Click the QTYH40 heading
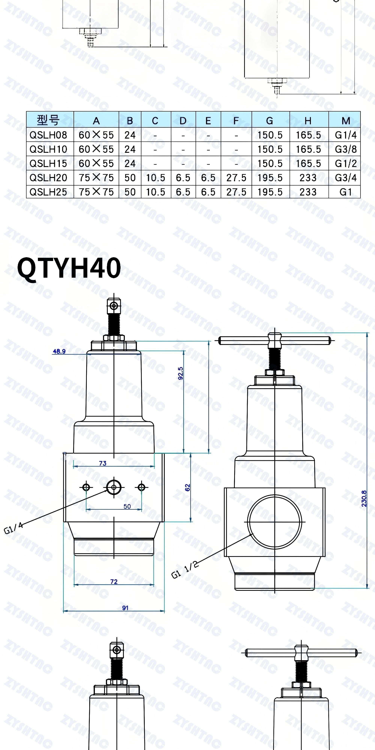69,268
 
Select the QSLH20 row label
48,178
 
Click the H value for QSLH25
308,192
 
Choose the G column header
270,121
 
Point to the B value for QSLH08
130,135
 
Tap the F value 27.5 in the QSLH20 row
236,178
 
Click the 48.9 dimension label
59,351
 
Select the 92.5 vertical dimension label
181,373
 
